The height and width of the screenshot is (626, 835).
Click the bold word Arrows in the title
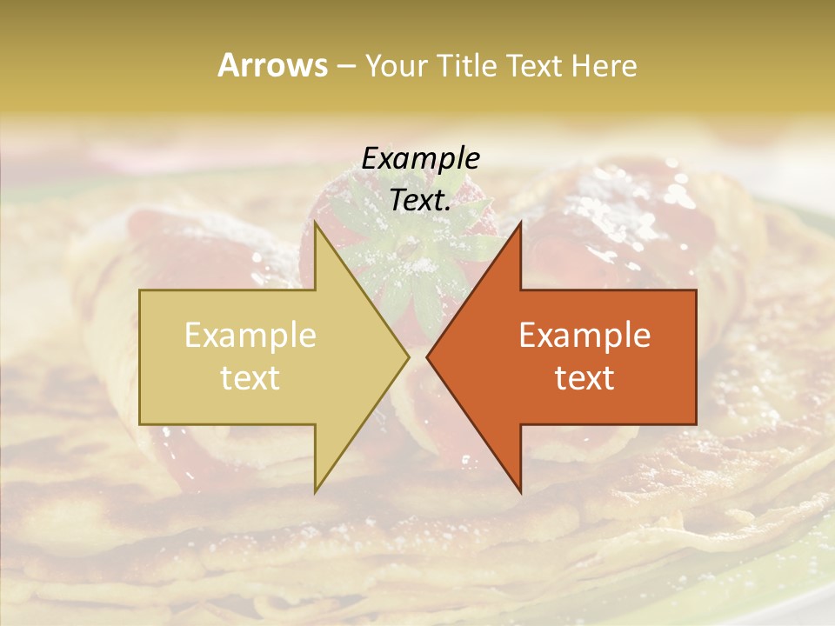(273, 65)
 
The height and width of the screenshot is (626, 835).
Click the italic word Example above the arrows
(420, 158)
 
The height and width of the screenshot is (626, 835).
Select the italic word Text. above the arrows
(420, 200)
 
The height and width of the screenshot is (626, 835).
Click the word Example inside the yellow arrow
(250, 336)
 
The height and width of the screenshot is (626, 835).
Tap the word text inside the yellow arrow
(250, 377)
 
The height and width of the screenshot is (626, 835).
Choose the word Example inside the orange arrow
(584, 336)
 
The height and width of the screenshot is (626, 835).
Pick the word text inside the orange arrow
(584, 377)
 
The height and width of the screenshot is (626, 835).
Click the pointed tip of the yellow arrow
(408, 356)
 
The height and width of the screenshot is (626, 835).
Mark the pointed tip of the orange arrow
(427, 356)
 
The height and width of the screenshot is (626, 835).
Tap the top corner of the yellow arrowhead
(316, 223)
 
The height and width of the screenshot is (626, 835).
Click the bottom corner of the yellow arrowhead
(316, 492)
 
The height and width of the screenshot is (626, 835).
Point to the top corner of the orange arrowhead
(520, 223)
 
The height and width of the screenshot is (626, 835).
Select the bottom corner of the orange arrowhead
(520, 492)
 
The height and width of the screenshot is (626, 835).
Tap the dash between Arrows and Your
(345, 67)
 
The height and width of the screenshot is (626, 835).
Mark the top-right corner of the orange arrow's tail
(696, 290)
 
